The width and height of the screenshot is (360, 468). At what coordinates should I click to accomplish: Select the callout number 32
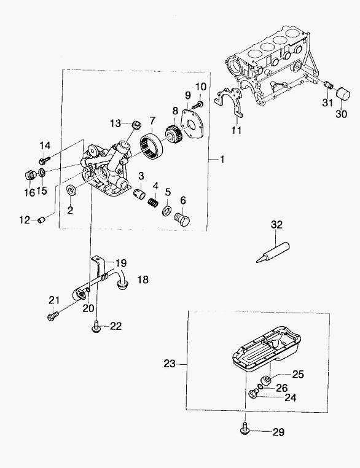point(276,224)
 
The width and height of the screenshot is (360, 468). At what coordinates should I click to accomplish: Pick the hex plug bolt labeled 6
point(182,220)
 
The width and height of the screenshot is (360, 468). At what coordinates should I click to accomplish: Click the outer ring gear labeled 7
point(152,147)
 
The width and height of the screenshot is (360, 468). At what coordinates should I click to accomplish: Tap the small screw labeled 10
point(198,104)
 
